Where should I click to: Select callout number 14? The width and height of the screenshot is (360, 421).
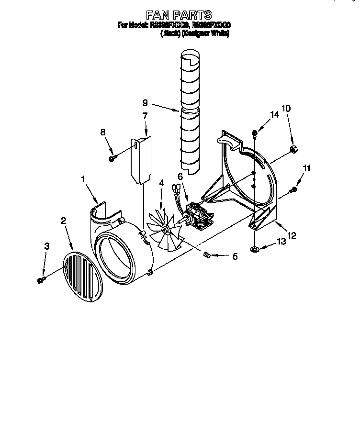click(274, 115)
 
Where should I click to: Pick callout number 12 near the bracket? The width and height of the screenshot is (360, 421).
click(291, 235)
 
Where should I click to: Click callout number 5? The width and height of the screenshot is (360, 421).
click(235, 257)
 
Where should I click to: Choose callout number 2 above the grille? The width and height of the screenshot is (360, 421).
click(64, 221)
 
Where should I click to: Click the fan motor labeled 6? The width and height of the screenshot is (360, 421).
click(198, 215)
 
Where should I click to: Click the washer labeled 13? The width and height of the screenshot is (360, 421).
click(255, 249)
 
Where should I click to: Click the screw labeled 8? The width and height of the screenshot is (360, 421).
click(112, 158)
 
